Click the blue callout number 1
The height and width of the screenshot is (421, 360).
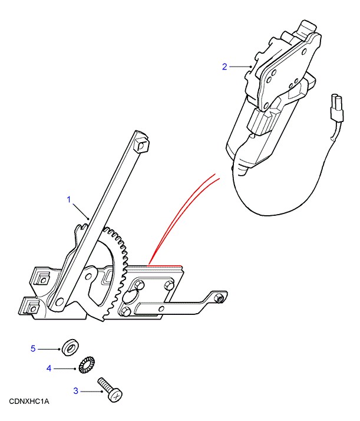pos(69,199)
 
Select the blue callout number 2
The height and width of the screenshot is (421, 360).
pos(224,67)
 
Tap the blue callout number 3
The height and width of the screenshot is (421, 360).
pos(75,391)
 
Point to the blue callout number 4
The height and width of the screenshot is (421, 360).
pos(49,368)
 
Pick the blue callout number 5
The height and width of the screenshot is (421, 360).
pos(33,348)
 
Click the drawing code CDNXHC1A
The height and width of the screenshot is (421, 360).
pos(29,402)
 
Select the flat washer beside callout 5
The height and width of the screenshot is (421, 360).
pos(70,348)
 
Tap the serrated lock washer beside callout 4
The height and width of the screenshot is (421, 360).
pos(87,365)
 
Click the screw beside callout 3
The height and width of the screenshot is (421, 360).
pos(110,390)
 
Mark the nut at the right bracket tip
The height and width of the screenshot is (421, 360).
pos(220,298)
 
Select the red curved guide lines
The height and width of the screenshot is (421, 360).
pos(185,215)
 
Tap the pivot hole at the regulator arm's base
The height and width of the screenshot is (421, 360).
pos(60,301)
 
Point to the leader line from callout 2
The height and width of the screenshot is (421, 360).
pos(240,67)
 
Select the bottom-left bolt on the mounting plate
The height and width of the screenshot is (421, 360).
pos(125,311)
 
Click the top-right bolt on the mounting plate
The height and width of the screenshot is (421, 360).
pos(169,285)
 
